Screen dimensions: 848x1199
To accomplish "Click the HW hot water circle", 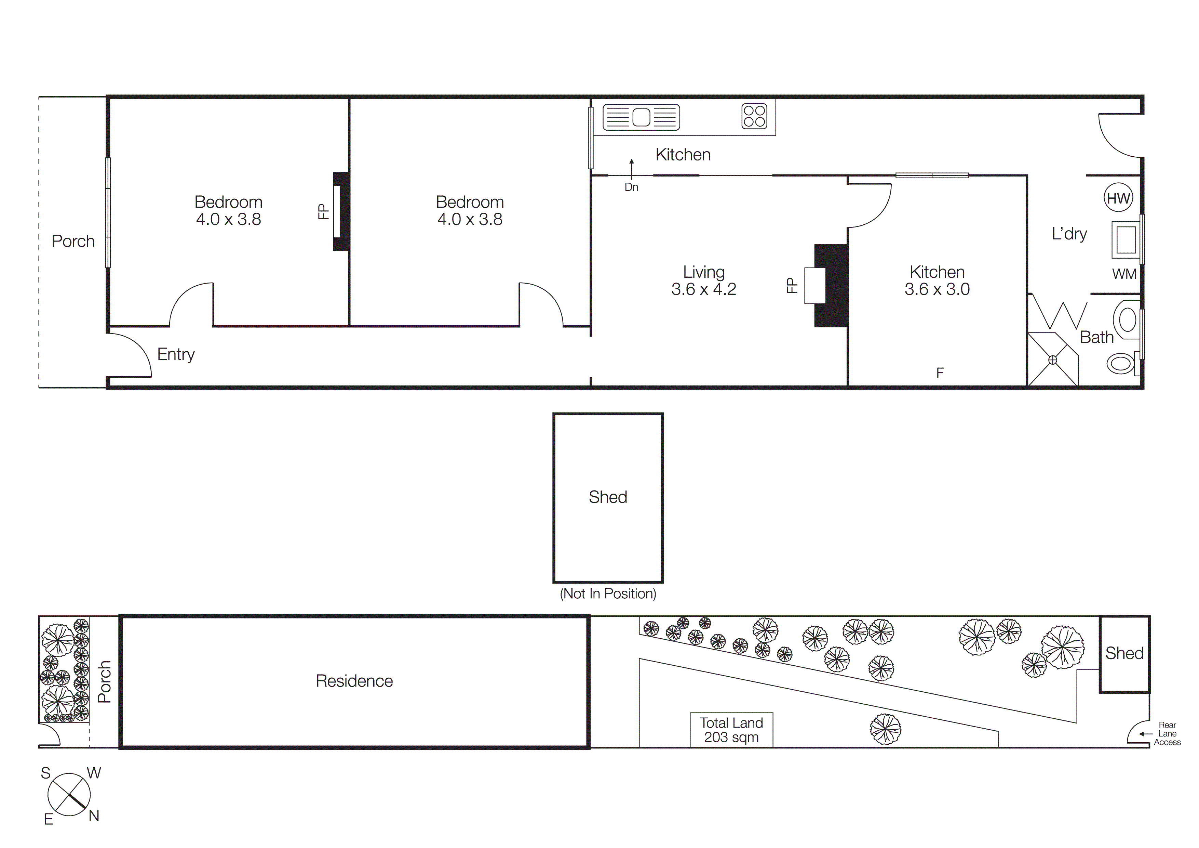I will (1118, 198).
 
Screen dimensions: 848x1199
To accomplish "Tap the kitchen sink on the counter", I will (641, 117).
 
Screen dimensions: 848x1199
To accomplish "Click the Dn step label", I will (631, 187).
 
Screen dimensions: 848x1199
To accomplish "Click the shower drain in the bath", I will (1052, 360).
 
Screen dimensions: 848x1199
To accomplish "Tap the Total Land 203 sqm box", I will (731, 730).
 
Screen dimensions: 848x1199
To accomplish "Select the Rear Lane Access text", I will (1167, 733).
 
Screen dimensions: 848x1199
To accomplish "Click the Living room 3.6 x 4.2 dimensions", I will (703, 289).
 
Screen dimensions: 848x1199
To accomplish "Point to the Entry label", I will (176, 354).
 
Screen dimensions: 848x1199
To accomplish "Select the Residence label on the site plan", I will (354, 681).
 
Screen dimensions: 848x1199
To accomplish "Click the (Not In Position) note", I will (608, 593).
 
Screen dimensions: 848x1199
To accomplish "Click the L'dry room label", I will (1069, 234).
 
